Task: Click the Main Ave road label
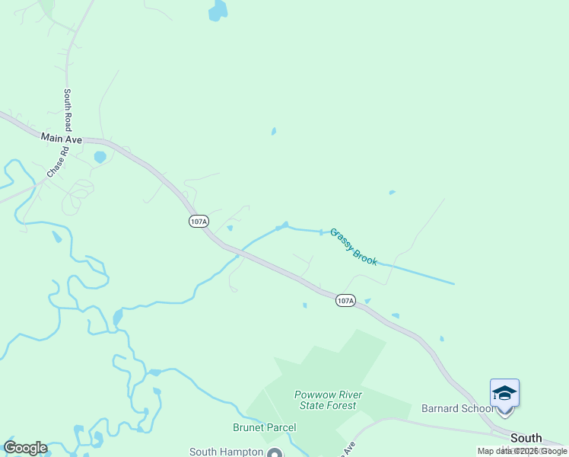[x=62, y=138]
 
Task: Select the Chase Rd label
[x=58, y=162]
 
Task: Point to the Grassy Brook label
[x=353, y=247]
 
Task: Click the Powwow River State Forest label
[x=329, y=400]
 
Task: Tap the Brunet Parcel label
[x=265, y=427]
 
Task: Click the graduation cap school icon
[x=504, y=393]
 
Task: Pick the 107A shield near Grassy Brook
[x=345, y=301]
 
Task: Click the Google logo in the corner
[x=25, y=448]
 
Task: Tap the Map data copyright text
[x=522, y=451]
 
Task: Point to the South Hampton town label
[x=225, y=452]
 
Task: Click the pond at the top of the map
[x=218, y=11]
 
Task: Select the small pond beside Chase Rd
[x=100, y=158]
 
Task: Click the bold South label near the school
[x=526, y=438]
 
